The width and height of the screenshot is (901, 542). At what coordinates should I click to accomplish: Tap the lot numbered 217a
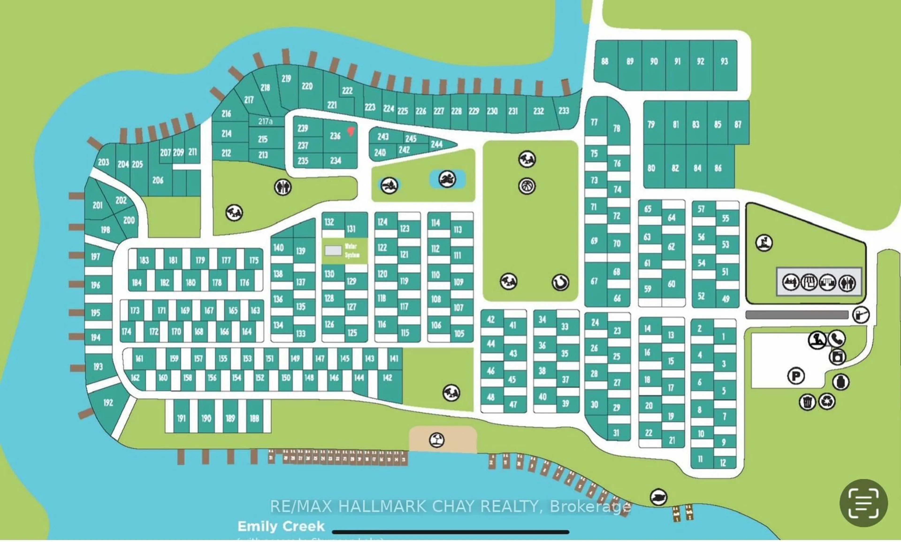point(266,121)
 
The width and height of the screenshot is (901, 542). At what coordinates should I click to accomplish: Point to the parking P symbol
point(796,376)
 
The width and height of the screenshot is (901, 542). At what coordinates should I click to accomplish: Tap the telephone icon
point(836,339)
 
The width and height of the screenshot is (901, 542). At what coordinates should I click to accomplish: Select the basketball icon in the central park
point(527,186)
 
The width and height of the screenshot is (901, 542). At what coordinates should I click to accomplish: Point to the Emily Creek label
point(281,526)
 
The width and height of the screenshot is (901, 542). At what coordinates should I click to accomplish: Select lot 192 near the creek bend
point(108,403)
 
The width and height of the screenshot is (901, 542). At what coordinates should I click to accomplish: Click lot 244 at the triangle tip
point(437,144)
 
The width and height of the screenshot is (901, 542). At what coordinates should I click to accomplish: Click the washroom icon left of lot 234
point(283,187)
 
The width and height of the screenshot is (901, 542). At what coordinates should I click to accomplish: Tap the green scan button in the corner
point(864,503)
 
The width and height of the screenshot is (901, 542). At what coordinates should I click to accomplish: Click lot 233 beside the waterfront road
point(564,111)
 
